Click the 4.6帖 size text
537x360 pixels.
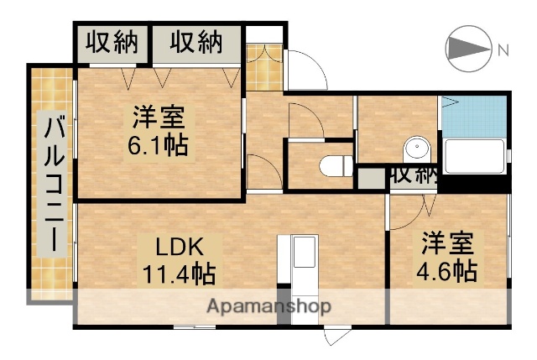[x=447, y=271]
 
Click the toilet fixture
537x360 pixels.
[x=337, y=165]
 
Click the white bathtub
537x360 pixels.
[x=474, y=156]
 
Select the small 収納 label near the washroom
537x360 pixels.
[x=414, y=175]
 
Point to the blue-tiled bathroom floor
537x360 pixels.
[x=475, y=117]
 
